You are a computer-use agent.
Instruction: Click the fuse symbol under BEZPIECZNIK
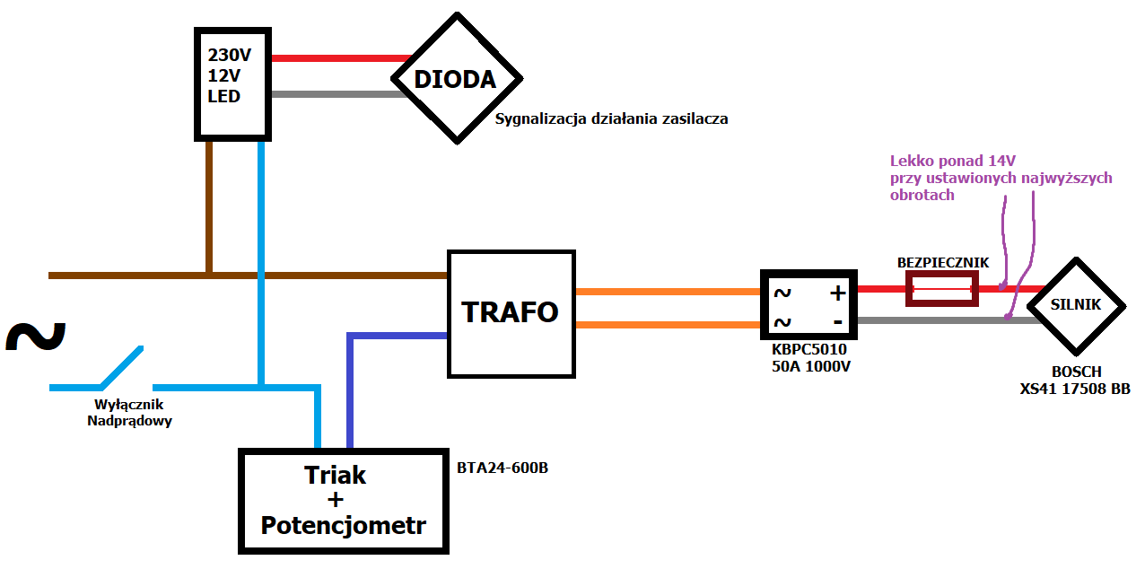pyautogui.click(x=942, y=289)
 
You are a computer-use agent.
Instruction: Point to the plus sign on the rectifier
pyautogui.click(x=838, y=293)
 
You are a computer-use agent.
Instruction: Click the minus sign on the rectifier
pyautogui.click(x=838, y=321)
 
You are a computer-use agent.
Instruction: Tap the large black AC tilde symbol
pyautogui.click(x=36, y=336)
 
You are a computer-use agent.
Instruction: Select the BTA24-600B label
pyautogui.click(x=502, y=468)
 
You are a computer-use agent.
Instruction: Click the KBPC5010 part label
pyautogui.click(x=808, y=349)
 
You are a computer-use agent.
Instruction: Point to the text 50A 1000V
pyautogui.click(x=811, y=366)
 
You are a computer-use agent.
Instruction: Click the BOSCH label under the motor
pyautogui.click(x=1076, y=372)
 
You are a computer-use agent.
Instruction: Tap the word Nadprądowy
pyautogui.click(x=129, y=421)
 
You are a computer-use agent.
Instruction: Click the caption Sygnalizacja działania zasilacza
pyautogui.click(x=611, y=119)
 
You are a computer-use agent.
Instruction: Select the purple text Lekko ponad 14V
pyautogui.click(x=952, y=162)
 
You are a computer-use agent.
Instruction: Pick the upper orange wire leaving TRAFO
pyautogui.click(x=668, y=292)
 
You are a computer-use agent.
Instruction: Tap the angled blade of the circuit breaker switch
pyautogui.click(x=122, y=367)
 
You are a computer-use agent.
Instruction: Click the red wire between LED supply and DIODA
pyautogui.click(x=341, y=58)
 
